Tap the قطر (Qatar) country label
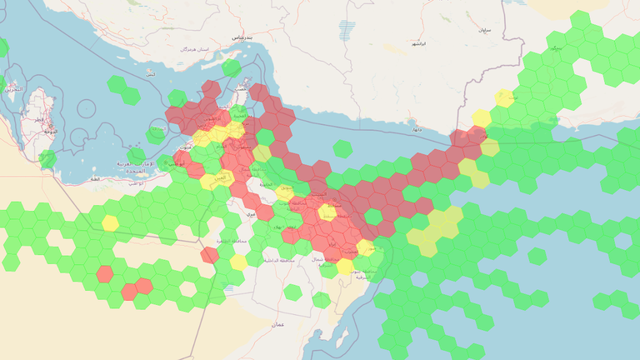click(x=39, y=119)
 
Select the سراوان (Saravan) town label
click(x=484, y=30)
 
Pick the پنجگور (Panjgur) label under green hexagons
click(x=556, y=48)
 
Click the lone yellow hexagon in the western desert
click(x=110, y=222)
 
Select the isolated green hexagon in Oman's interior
click(x=292, y=292)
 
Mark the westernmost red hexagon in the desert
click(x=104, y=273)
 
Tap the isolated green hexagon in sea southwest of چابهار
click(x=342, y=148)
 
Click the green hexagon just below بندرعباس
click(x=232, y=67)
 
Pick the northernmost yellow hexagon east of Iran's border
click(x=504, y=97)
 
